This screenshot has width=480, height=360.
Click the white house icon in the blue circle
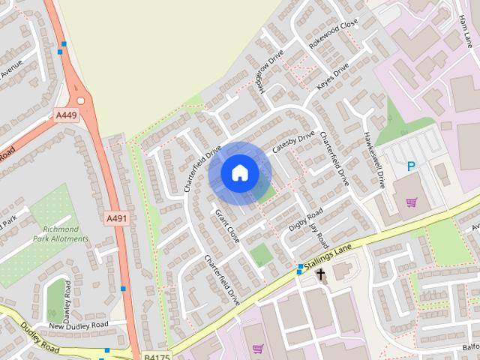[239, 172]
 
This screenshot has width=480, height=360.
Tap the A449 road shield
[66, 115]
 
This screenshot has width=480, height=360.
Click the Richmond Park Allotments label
[61, 234]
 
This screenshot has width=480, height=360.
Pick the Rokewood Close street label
[334, 34]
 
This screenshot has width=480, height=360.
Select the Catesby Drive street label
[293, 142]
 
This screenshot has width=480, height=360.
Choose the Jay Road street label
[319, 235]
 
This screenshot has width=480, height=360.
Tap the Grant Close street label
[227, 226]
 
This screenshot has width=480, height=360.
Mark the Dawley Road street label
[68, 298]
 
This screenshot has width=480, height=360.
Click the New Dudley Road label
[78, 325]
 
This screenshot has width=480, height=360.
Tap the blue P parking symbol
[410, 166]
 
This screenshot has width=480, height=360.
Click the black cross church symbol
[321, 274]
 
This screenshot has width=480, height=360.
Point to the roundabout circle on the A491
[80, 100]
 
